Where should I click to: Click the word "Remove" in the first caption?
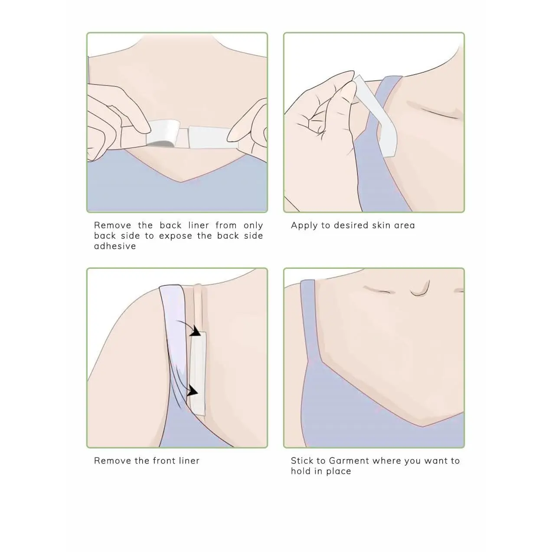point(112,225)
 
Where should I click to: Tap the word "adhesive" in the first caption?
point(115,246)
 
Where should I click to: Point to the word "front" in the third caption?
point(164,461)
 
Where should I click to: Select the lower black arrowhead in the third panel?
point(193,391)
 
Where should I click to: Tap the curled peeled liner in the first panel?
point(163,133)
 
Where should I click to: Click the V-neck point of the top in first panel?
point(181,182)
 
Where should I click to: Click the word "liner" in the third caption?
point(189,461)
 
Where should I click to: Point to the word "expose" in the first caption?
point(176,236)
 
